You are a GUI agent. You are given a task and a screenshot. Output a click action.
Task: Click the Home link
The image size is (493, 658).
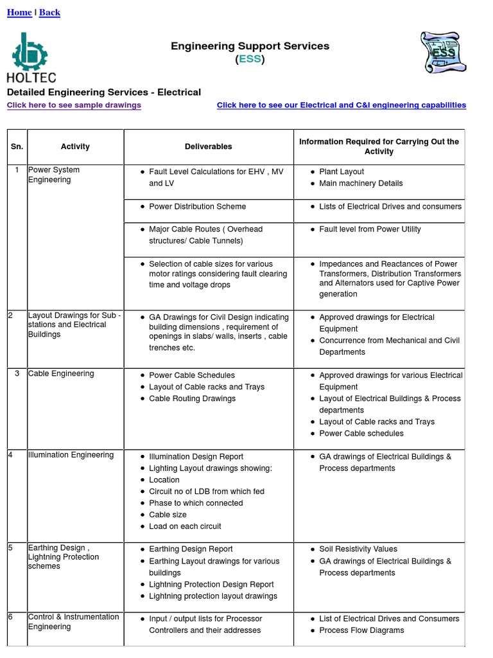(x=19, y=13)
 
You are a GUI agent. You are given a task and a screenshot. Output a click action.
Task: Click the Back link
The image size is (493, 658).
(x=49, y=13)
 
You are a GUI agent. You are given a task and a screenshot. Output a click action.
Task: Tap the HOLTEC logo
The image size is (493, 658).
(x=31, y=57)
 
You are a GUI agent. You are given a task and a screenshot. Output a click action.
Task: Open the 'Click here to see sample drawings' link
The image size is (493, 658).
(x=74, y=105)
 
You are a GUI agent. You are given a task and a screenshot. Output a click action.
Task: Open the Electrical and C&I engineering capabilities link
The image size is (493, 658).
(x=341, y=105)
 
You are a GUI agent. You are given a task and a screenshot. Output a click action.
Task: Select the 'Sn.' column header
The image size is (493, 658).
(x=17, y=147)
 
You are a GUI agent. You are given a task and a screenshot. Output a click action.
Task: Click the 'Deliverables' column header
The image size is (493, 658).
(x=209, y=147)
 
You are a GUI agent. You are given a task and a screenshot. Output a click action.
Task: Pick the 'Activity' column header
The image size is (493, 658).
(x=75, y=147)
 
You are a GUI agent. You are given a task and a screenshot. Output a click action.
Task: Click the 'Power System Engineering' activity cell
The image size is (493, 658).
(x=55, y=175)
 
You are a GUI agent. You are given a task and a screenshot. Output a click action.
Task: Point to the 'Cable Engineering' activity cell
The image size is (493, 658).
(x=61, y=374)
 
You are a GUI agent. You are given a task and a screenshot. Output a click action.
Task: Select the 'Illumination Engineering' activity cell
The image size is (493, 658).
(x=71, y=455)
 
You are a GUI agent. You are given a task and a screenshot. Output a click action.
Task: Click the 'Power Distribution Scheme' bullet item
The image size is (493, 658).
(x=197, y=207)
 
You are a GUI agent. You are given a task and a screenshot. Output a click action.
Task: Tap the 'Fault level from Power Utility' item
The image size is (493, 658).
(x=370, y=229)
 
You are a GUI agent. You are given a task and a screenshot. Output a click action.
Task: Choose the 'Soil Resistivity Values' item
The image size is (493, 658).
(x=358, y=549)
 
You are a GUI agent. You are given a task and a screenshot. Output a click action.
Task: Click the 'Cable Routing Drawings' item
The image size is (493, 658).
(x=192, y=399)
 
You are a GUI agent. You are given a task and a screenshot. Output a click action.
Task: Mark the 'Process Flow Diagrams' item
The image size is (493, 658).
(x=361, y=630)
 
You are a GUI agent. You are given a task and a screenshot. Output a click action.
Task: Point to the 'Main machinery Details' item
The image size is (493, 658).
(x=361, y=184)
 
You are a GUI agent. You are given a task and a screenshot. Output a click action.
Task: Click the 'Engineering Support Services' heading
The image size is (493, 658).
(x=250, y=46)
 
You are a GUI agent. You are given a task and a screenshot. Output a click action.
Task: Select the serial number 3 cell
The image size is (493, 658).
(x=17, y=374)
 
